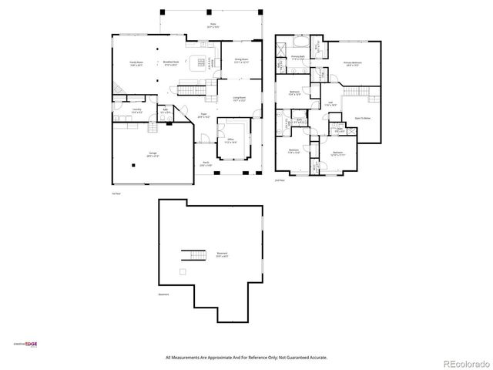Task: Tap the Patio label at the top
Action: click(213, 25)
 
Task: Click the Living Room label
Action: click(239, 99)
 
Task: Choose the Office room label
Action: click(230, 141)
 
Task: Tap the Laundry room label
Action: click(136, 110)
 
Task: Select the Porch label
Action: click(205, 165)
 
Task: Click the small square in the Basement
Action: click(183, 272)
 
